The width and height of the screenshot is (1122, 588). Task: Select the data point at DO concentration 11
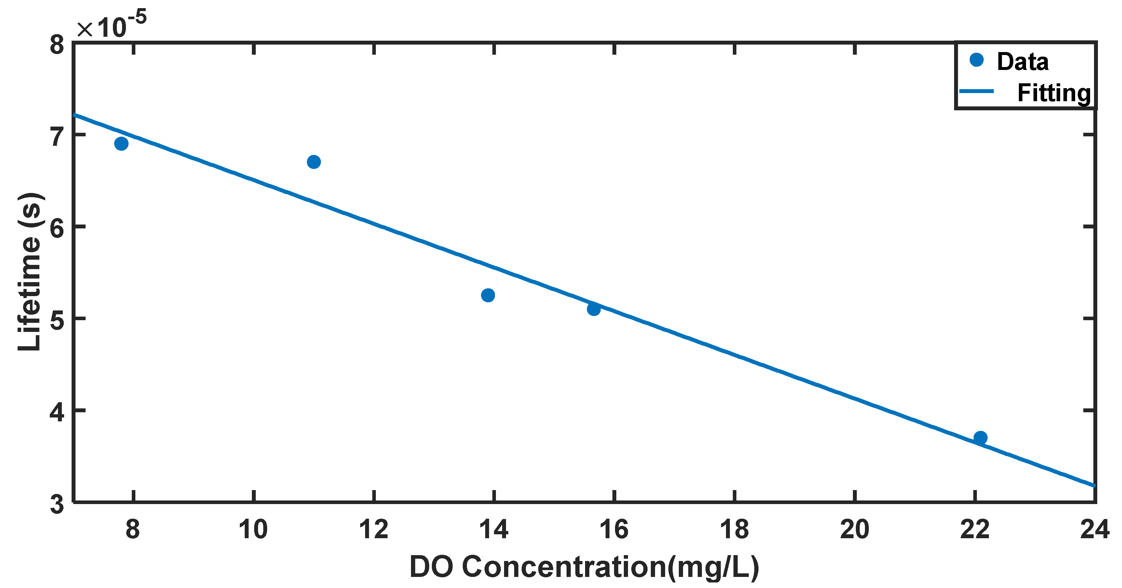click(314, 162)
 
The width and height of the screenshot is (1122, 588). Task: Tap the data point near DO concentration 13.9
click(488, 295)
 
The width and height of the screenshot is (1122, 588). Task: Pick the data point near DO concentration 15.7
click(594, 309)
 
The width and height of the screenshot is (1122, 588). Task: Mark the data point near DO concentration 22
click(980, 438)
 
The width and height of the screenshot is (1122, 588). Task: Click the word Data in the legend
click(1022, 62)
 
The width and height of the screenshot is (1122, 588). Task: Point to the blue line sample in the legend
click(977, 91)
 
